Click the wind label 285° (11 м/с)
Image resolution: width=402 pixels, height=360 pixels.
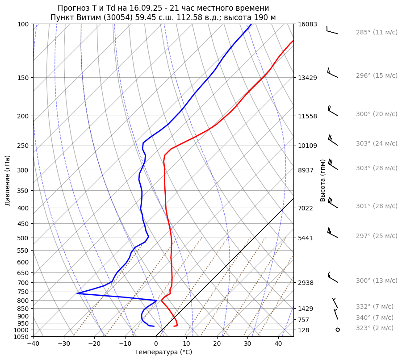[377, 33]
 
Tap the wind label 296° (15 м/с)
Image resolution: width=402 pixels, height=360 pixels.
[377, 76]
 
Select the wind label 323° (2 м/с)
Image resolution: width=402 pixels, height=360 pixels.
[375, 328]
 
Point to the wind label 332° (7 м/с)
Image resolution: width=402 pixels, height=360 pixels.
[375, 307]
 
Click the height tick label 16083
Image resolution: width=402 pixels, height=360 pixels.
[307, 25]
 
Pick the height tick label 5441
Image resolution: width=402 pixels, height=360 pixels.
[306, 238]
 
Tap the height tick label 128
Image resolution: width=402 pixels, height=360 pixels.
[304, 330]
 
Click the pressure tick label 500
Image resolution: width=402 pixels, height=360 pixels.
[23, 238]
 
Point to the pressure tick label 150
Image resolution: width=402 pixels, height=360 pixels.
[23, 78]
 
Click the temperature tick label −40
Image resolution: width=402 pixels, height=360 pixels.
[33, 344]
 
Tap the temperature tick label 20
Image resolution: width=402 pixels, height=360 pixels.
[217, 344]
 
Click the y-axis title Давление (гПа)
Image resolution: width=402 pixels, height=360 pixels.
[8, 180]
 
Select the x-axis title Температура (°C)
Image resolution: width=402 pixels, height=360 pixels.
[163, 352]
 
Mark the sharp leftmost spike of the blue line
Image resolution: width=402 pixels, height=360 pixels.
[77, 293]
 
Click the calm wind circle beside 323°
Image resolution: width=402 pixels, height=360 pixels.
[338, 330]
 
